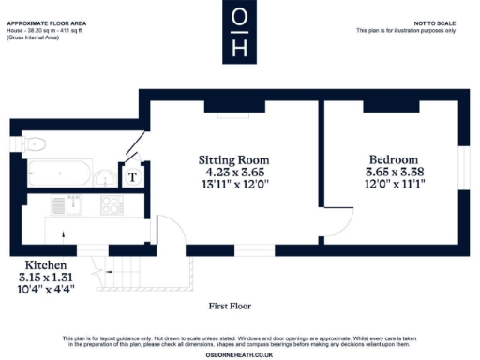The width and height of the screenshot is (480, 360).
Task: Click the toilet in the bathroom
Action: (36, 143)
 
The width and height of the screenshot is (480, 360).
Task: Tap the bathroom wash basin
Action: (103, 174)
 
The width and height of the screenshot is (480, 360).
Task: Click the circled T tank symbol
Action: (132, 174)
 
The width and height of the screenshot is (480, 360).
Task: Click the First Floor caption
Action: (231, 306)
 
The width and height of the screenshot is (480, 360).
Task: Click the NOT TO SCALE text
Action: (434, 22)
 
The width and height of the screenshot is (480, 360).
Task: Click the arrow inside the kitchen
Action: (63, 234)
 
